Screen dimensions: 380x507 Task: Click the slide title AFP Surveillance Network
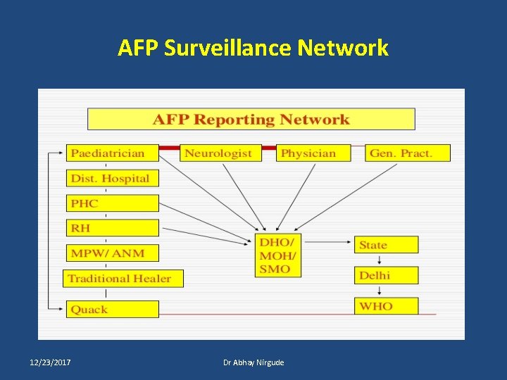[253, 48]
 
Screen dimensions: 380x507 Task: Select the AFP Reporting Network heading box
[251, 119]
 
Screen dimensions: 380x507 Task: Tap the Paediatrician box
[113, 153]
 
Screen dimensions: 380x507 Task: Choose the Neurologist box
[220, 153]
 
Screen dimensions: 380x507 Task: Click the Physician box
[313, 153]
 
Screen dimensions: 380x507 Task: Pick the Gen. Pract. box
[408, 153]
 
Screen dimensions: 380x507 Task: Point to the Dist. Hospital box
[113, 178]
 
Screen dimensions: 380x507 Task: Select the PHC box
[113, 203]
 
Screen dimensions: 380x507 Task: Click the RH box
[113, 228]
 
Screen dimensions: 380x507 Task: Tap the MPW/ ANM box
[113, 253]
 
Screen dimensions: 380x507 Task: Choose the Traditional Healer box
[123, 278]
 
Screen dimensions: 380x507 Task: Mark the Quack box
[113, 309]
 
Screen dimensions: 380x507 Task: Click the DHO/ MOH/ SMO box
[277, 255]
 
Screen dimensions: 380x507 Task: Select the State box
[386, 245]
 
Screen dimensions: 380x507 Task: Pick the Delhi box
[386, 275]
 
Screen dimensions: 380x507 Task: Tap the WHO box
[386, 306]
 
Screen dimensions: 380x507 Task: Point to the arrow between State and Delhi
[380, 260]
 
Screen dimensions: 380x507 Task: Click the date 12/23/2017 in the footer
[50, 362]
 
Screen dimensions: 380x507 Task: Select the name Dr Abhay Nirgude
[254, 362]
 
